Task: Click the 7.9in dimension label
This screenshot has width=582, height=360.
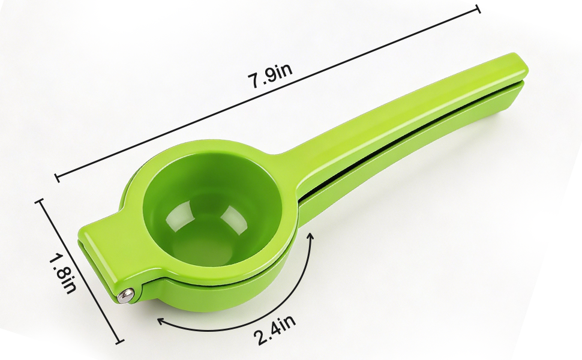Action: click(x=271, y=76)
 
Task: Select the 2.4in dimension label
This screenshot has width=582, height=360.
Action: click(x=275, y=329)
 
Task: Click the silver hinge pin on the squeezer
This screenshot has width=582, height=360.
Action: click(x=125, y=295)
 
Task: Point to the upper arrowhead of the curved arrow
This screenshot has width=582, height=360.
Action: click(x=311, y=236)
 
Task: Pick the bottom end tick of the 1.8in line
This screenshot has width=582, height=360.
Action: click(x=119, y=341)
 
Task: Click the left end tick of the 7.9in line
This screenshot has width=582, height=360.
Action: click(x=57, y=178)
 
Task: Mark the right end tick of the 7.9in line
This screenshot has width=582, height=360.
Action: click(x=478, y=8)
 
